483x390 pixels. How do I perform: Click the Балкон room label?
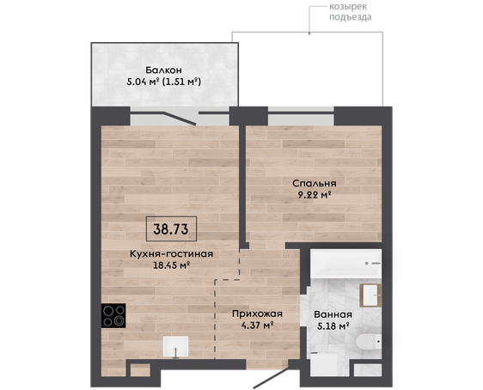[163, 70]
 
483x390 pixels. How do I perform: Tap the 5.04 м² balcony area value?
[143, 82]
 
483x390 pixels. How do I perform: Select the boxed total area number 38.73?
[171, 229]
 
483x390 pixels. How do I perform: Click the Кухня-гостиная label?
[171, 254]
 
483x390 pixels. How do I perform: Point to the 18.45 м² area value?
[171, 265]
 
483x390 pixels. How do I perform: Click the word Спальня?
[315, 184]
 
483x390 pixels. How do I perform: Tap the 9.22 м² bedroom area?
[315, 195]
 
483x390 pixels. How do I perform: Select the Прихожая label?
[257, 314]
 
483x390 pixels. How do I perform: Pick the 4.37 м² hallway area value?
[258, 326]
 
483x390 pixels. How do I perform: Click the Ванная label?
[333, 314]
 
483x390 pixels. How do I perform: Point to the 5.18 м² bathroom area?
[333, 326]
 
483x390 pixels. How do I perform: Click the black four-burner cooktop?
[113, 315]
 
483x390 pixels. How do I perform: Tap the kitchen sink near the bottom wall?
[175, 346]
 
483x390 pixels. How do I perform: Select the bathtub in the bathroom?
[346, 264]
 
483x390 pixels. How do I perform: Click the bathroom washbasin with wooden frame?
[370, 296]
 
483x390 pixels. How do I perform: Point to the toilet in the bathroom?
[369, 342]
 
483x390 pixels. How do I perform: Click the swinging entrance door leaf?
[271, 378]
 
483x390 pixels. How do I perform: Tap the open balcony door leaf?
[180, 119]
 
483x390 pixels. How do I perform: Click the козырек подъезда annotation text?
[351, 12]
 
